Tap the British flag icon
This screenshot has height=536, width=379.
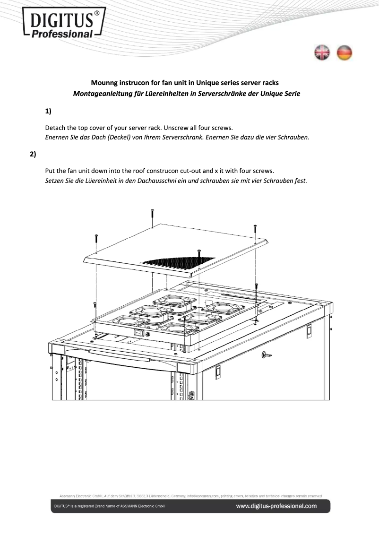(x=323, y=53)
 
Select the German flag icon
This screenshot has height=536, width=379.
(x=345, y=53)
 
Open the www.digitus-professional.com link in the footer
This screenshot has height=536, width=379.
(x=276, y=507)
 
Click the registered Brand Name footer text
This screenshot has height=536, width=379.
(x=109, y=507)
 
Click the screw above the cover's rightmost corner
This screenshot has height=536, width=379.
(x=256, y=229)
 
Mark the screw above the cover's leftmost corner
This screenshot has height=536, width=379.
(x=96, y=239)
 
